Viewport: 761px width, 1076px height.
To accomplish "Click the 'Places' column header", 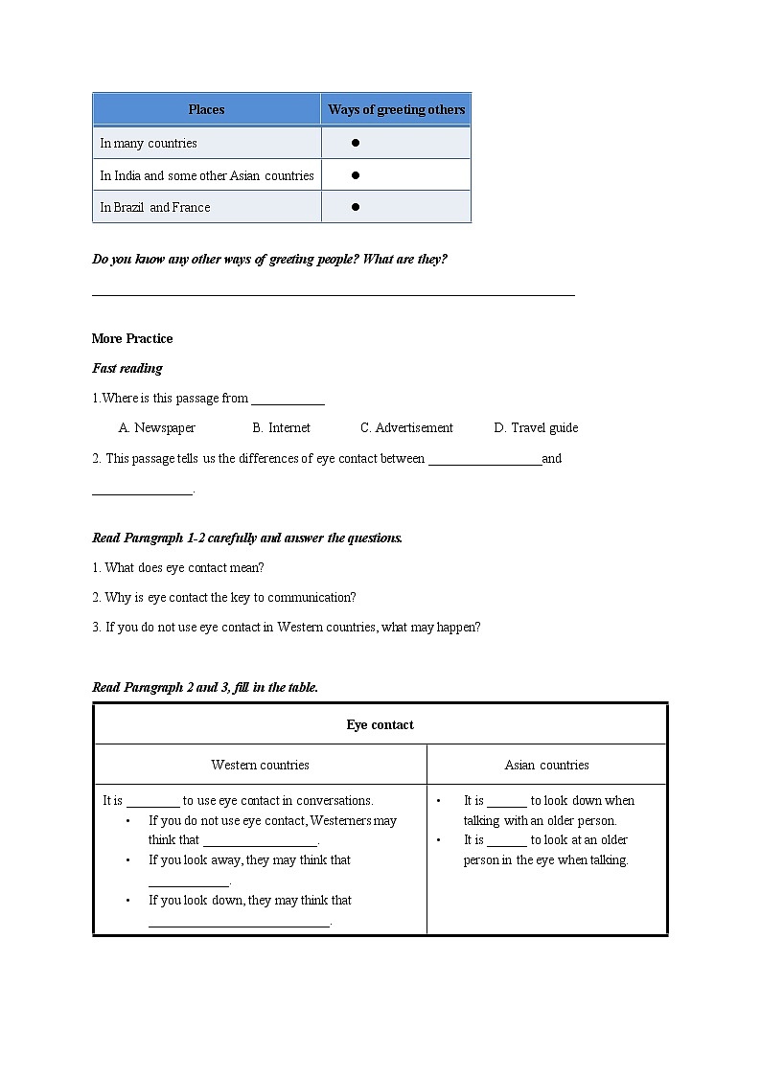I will tap(206, 109).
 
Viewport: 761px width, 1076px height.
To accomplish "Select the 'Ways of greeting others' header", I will tap(396, 109).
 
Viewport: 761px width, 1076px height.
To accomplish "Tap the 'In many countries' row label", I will tap(149, 143).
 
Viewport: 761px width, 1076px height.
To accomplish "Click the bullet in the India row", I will tap(355, 175).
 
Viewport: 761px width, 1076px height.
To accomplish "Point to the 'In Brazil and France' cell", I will tap(155, 207).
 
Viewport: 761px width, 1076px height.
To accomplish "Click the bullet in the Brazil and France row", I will tap(355, 207).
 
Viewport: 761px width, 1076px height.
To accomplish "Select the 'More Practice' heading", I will tap(132, 338).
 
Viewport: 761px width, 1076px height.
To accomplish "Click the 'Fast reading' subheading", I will tap(127, 368).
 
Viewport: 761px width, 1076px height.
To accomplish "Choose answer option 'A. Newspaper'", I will tap(157, 427).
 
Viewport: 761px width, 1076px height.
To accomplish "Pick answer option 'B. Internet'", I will tap(282, 427).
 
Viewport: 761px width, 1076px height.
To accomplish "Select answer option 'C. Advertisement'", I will tap(406, 427).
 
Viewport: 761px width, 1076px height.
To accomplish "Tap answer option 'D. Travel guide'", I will tap(536, 427).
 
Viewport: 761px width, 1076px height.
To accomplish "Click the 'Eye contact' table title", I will tap(380, 724).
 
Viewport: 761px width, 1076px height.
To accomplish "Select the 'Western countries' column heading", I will tap(260, 765).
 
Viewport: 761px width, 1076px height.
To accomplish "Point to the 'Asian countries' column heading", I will tap(546, 765).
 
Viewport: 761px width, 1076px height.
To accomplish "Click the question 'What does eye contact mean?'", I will tap(178, 567).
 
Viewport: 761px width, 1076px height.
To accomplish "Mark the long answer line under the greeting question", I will tap(333, 294).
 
